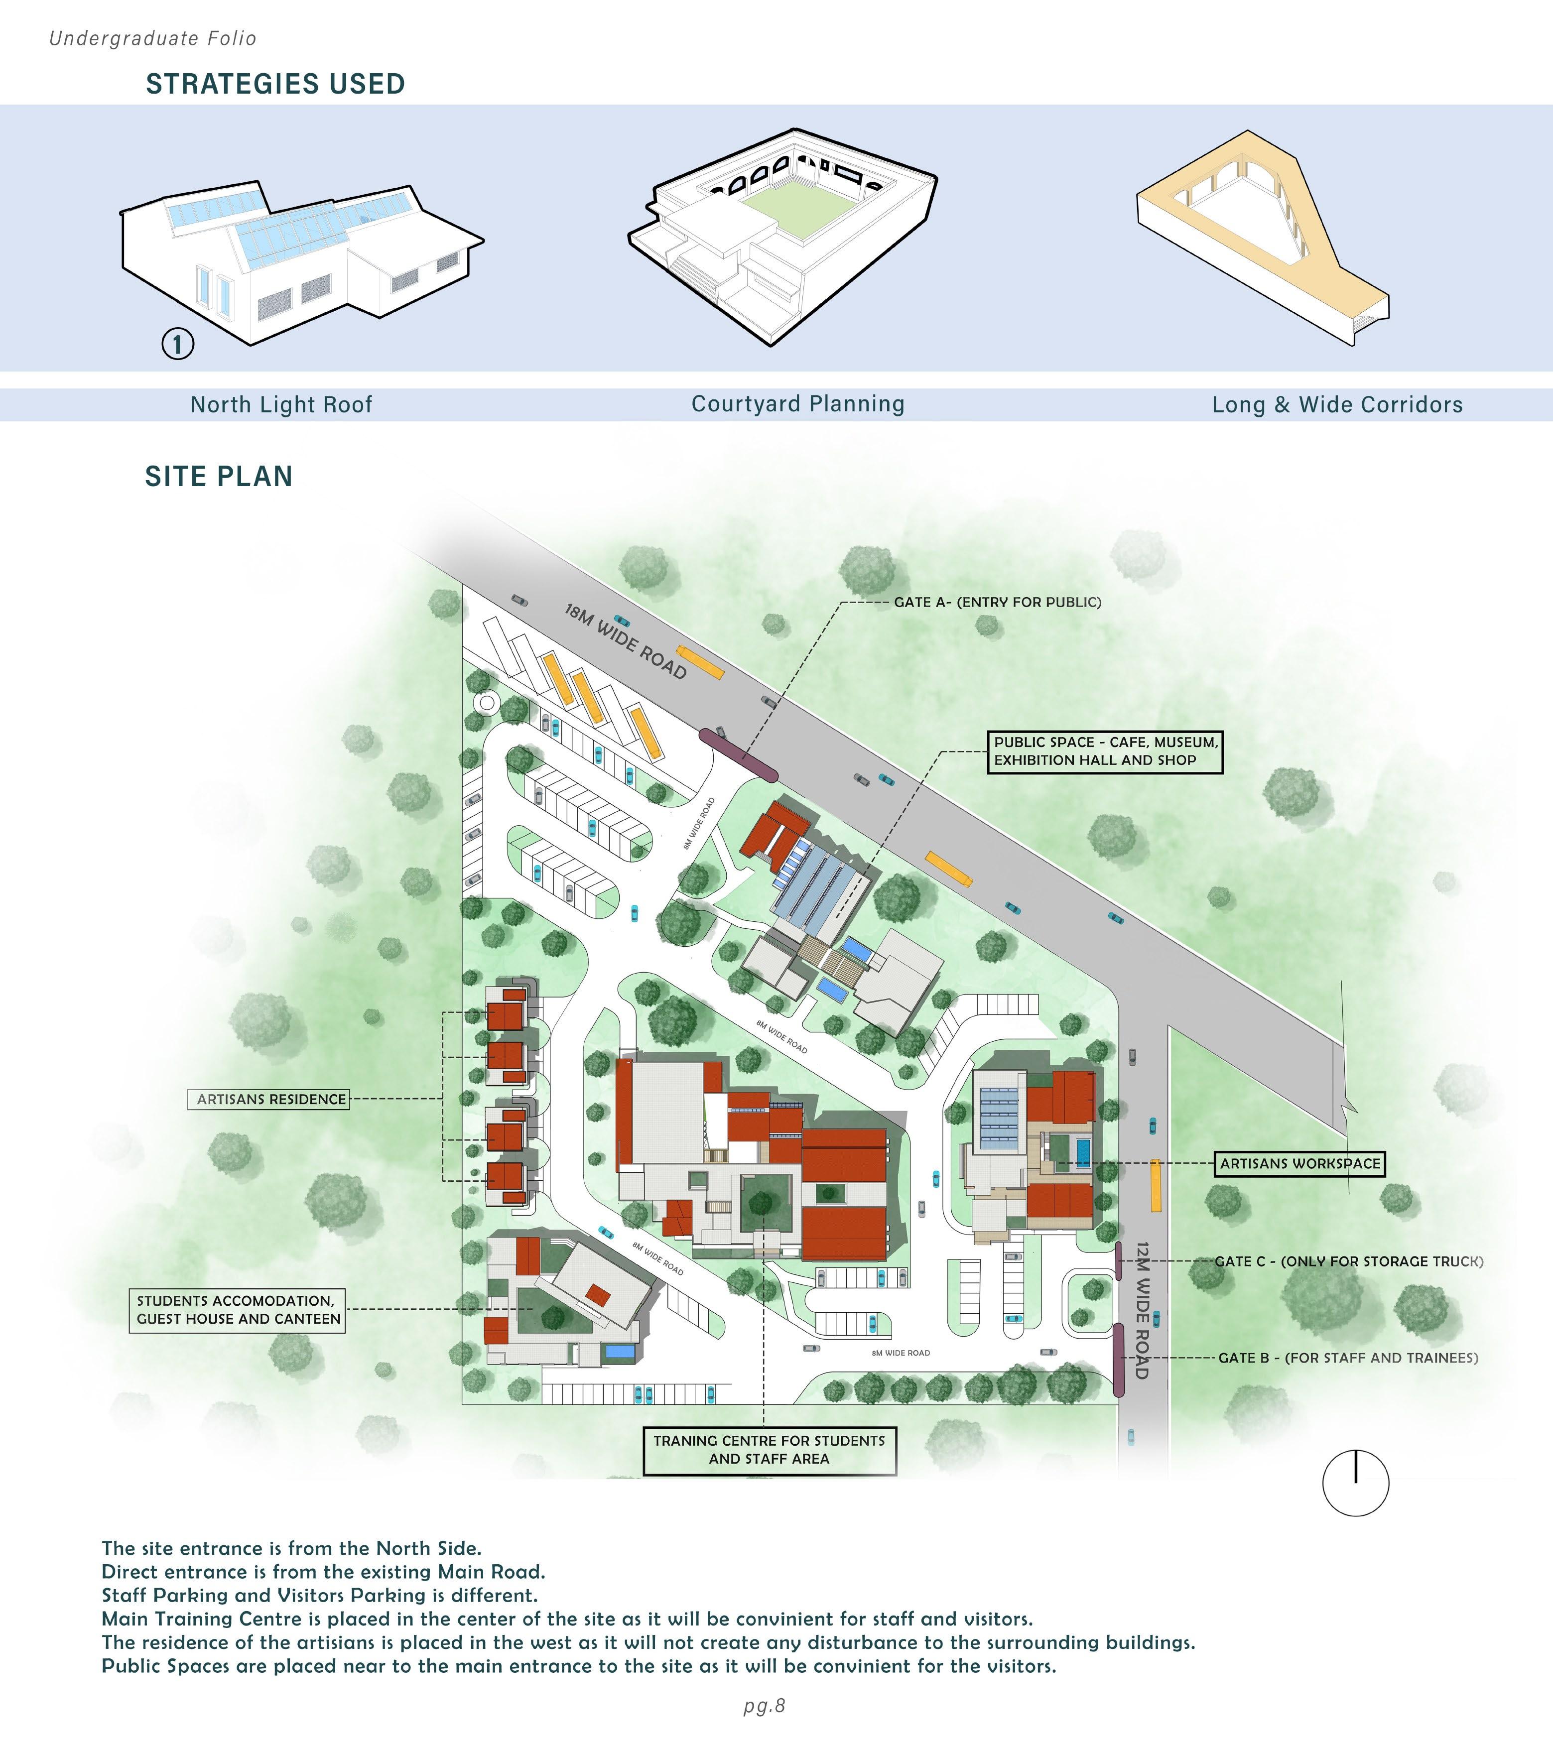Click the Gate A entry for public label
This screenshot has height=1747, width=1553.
[x=998, y=603]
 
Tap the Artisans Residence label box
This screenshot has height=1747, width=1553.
[x=268, y=1099]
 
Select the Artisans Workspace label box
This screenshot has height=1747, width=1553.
[x=1299, y=1164]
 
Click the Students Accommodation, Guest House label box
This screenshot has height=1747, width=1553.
[x=238, y=1310]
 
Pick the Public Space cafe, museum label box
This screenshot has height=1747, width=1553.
[x=1105, y=751]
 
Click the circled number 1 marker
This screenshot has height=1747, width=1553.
[x=178, y=345]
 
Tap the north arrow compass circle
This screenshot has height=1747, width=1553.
[x=1356, y=1484]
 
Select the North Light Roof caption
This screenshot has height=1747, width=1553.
[x=281, y=405]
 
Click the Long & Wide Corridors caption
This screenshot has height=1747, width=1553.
[x=1338, y=405]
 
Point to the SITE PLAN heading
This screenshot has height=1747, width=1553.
[x=219, y=477]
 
